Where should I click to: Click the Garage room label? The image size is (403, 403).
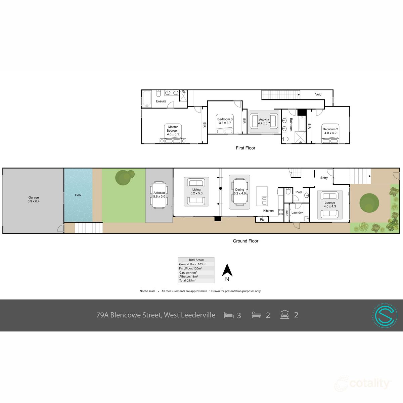tap(34, 197)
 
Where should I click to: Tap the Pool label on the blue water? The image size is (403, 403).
tap(78, 195)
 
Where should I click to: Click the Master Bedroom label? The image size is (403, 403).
tap(173, 129)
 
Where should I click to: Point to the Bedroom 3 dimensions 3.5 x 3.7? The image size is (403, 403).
tap(225, 123)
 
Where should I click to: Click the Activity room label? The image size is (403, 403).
tap(264, 120)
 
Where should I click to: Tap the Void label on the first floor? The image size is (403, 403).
tap(318, 94)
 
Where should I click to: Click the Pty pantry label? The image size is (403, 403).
tap(262, 220)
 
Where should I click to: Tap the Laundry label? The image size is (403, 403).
tap(297, 213)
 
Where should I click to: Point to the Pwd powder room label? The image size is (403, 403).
tap(298, 192)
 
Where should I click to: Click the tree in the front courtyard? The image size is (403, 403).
tap(369, 203)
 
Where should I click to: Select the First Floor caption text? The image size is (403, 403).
tap(245, 148)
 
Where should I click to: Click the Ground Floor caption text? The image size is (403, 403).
tap(245, 241)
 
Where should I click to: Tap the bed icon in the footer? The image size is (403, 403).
tap(228, 315)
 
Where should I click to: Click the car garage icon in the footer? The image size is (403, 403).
tap(285, 315)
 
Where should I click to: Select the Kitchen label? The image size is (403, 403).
tap(268, 211)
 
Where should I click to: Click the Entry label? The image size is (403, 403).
tap(324, 178)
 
